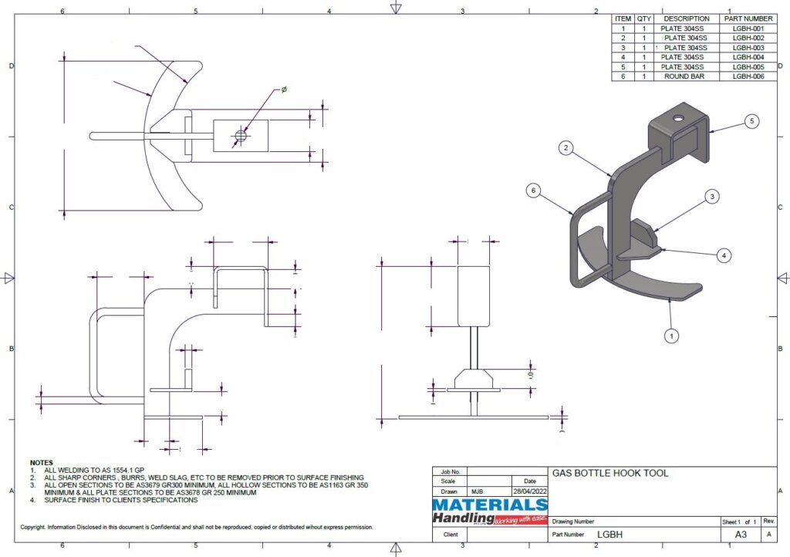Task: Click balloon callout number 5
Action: [753, 121]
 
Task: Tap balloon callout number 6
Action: [532, 190]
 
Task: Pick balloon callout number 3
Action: [712, 197]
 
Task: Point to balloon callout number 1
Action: [672, 336]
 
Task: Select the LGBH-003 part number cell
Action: [748, 48]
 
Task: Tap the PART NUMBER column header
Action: [748, 19]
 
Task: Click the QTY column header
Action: [644, 19]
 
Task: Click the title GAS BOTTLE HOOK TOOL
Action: [609, 473]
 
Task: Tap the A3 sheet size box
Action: [739, 534]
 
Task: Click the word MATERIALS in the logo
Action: [489, 505]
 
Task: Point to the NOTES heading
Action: [42, 462]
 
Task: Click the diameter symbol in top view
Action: [284, 90]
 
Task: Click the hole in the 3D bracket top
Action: [677, 119]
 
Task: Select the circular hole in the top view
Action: [240, 137]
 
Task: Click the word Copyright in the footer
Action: [33, 527]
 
